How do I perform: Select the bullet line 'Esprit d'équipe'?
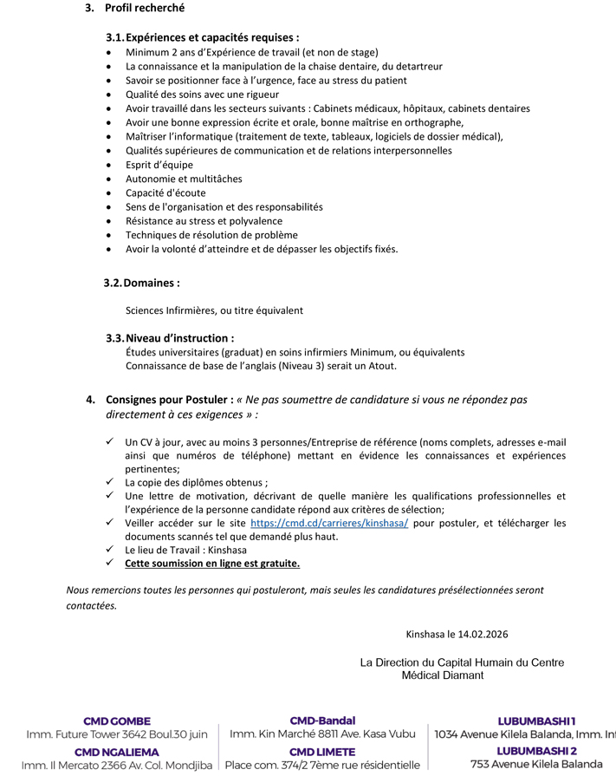[x=159, y=165]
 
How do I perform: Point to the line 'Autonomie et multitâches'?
[x=184, y=179]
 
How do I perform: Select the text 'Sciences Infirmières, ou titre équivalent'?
[x=214, y=310]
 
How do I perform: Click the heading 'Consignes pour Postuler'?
[x=169, y=400]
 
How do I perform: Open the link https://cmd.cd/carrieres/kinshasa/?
[x=329, y=524]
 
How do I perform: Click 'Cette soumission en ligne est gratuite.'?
[x=212, y=564]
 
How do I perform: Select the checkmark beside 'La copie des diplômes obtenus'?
[x=110, y=482]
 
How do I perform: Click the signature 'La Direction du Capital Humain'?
[x=462, y=662]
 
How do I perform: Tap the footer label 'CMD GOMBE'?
[x=117, y=721]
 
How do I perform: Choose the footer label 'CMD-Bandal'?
[x=322, y=721]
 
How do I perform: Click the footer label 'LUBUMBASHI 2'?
[x=536, y=751]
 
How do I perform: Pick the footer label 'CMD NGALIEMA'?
[x=117, y=752]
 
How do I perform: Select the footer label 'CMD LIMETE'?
[x=322, y=752]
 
